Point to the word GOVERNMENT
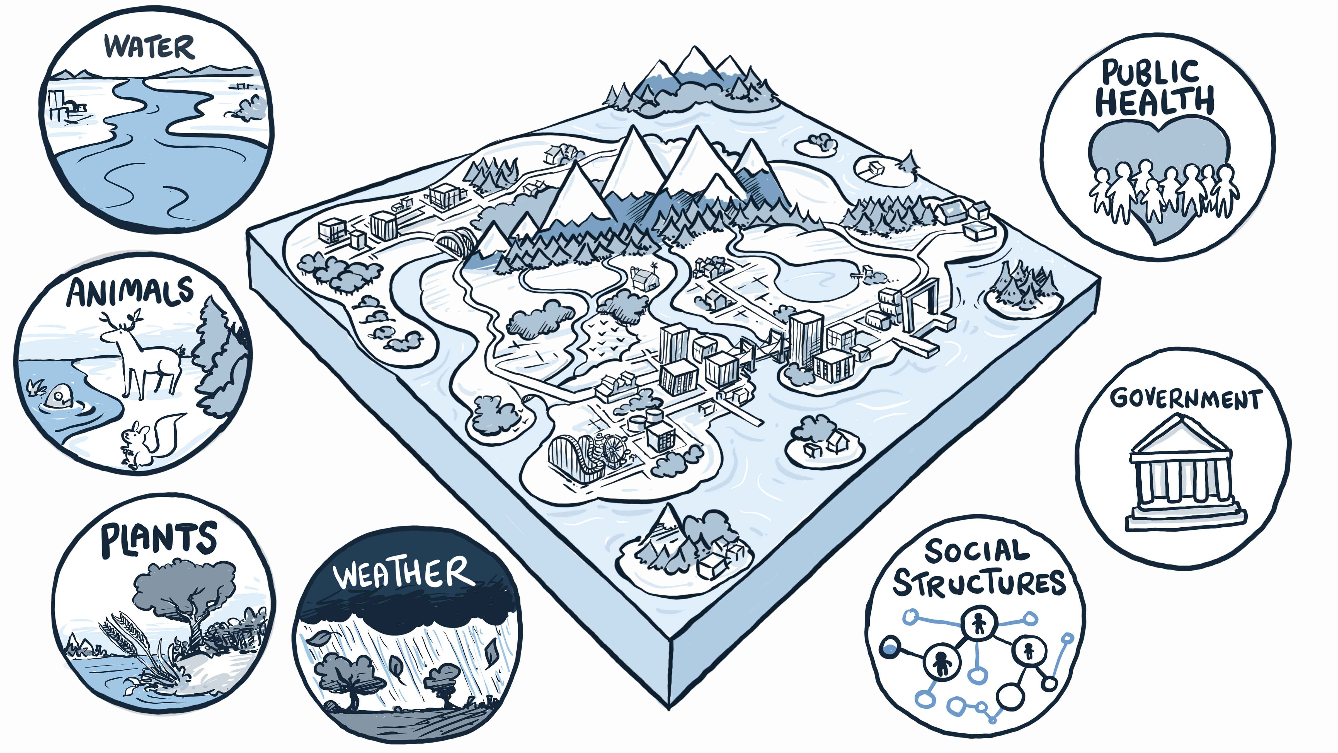1185,399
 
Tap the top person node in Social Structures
979,622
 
